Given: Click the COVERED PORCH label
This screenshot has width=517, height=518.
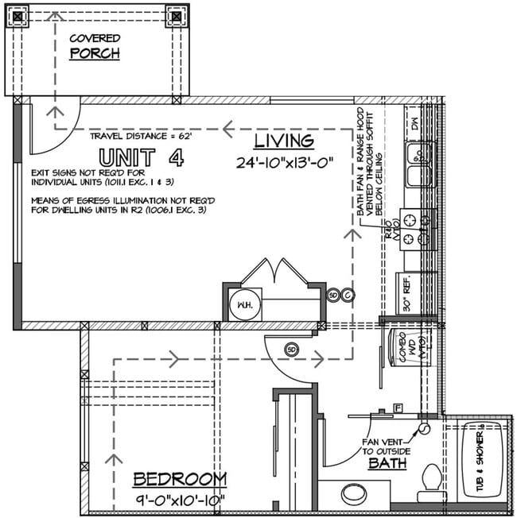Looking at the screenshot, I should (94, 46).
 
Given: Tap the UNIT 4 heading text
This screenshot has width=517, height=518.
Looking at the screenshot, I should (140, 157).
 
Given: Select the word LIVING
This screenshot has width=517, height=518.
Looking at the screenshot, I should (284, 141).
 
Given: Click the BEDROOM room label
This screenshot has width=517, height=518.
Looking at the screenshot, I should (179, 479).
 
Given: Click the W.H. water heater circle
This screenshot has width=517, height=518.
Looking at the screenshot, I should (242, 304).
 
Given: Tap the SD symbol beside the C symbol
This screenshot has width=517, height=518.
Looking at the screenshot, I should (334, 295).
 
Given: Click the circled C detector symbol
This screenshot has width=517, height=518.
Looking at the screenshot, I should (348, 295).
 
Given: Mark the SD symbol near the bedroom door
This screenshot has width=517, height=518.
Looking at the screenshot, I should (291, 349).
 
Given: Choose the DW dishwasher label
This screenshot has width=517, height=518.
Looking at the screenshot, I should (414, 123).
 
